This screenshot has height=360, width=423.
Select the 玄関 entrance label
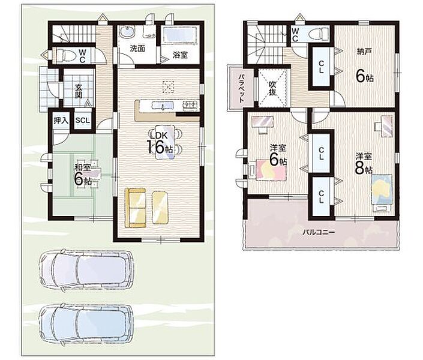[x=79, y=91]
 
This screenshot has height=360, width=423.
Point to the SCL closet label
[x=82, y=121]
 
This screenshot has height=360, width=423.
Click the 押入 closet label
[x=61, y=121]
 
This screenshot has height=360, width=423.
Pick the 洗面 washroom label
[x=137, y=49]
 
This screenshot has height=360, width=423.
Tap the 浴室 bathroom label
[x=180, y=55]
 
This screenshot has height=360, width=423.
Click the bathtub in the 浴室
[x=180, y=34]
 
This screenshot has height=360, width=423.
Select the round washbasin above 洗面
[x=127, y=32]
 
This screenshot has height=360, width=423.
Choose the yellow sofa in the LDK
[x=136, y=208]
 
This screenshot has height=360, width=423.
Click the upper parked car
[x=86, y=271]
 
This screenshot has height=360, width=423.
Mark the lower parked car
[x=86, y=325]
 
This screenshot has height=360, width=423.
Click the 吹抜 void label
[x=272, y=88]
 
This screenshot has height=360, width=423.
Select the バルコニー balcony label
[x=319, y=232]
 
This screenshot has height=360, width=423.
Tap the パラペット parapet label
[x=241, y=88]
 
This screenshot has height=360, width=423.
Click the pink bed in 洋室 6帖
[x=271, y=169]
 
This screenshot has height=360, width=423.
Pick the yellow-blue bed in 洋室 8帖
[x=382, y=190]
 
